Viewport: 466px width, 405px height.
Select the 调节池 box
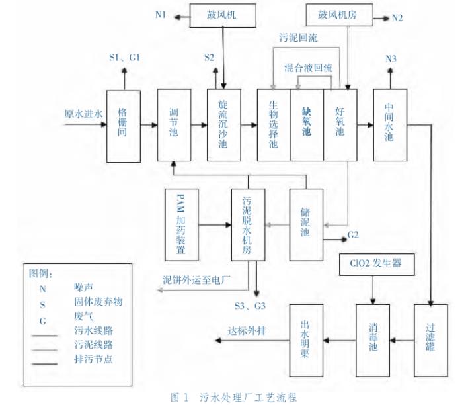(174, 124)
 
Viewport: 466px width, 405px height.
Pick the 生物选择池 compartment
(274, 124)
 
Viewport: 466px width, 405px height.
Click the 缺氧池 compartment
(307, 124)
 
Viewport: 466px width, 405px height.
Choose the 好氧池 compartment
(340, 124)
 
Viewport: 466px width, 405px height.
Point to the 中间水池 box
(389, 124)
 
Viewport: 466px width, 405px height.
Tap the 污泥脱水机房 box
(249, 225)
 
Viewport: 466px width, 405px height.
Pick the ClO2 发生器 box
(377, 265)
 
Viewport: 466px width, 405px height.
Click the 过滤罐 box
(431, 337)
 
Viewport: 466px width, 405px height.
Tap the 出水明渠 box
(307, 337)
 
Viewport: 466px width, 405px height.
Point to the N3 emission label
(391, 59)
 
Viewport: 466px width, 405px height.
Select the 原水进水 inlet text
(84, 113)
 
